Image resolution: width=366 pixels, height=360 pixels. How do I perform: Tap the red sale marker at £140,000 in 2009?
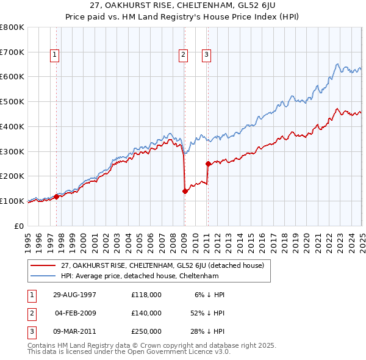(x=184, y=191)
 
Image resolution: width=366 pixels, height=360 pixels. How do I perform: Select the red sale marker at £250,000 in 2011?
(x=208, y=164)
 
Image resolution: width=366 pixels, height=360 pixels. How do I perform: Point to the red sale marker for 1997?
(x=57, y=196)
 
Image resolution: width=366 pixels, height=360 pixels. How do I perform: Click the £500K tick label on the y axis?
(x=12, y=101)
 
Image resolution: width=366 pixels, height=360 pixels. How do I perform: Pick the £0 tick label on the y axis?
(x=20, y=226)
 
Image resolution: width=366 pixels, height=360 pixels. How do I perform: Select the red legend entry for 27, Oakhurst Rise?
(x=162, y=265)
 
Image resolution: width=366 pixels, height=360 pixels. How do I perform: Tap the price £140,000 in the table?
(x=146, y=313)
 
